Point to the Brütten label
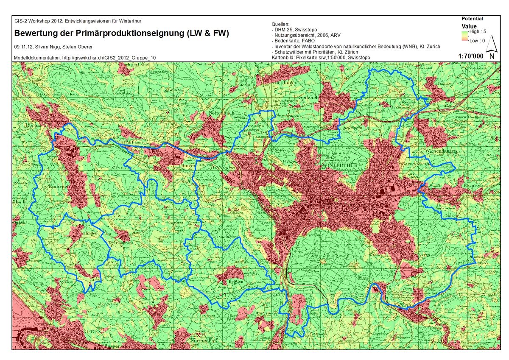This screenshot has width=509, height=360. click(x=236, y=281)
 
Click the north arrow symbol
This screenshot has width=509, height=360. click(x=491, y=47)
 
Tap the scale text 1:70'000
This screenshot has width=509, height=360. click(x=471, y=56)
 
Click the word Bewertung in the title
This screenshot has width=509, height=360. click(x=37, y=33)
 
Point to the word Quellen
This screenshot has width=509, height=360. click(x=280, y=24)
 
